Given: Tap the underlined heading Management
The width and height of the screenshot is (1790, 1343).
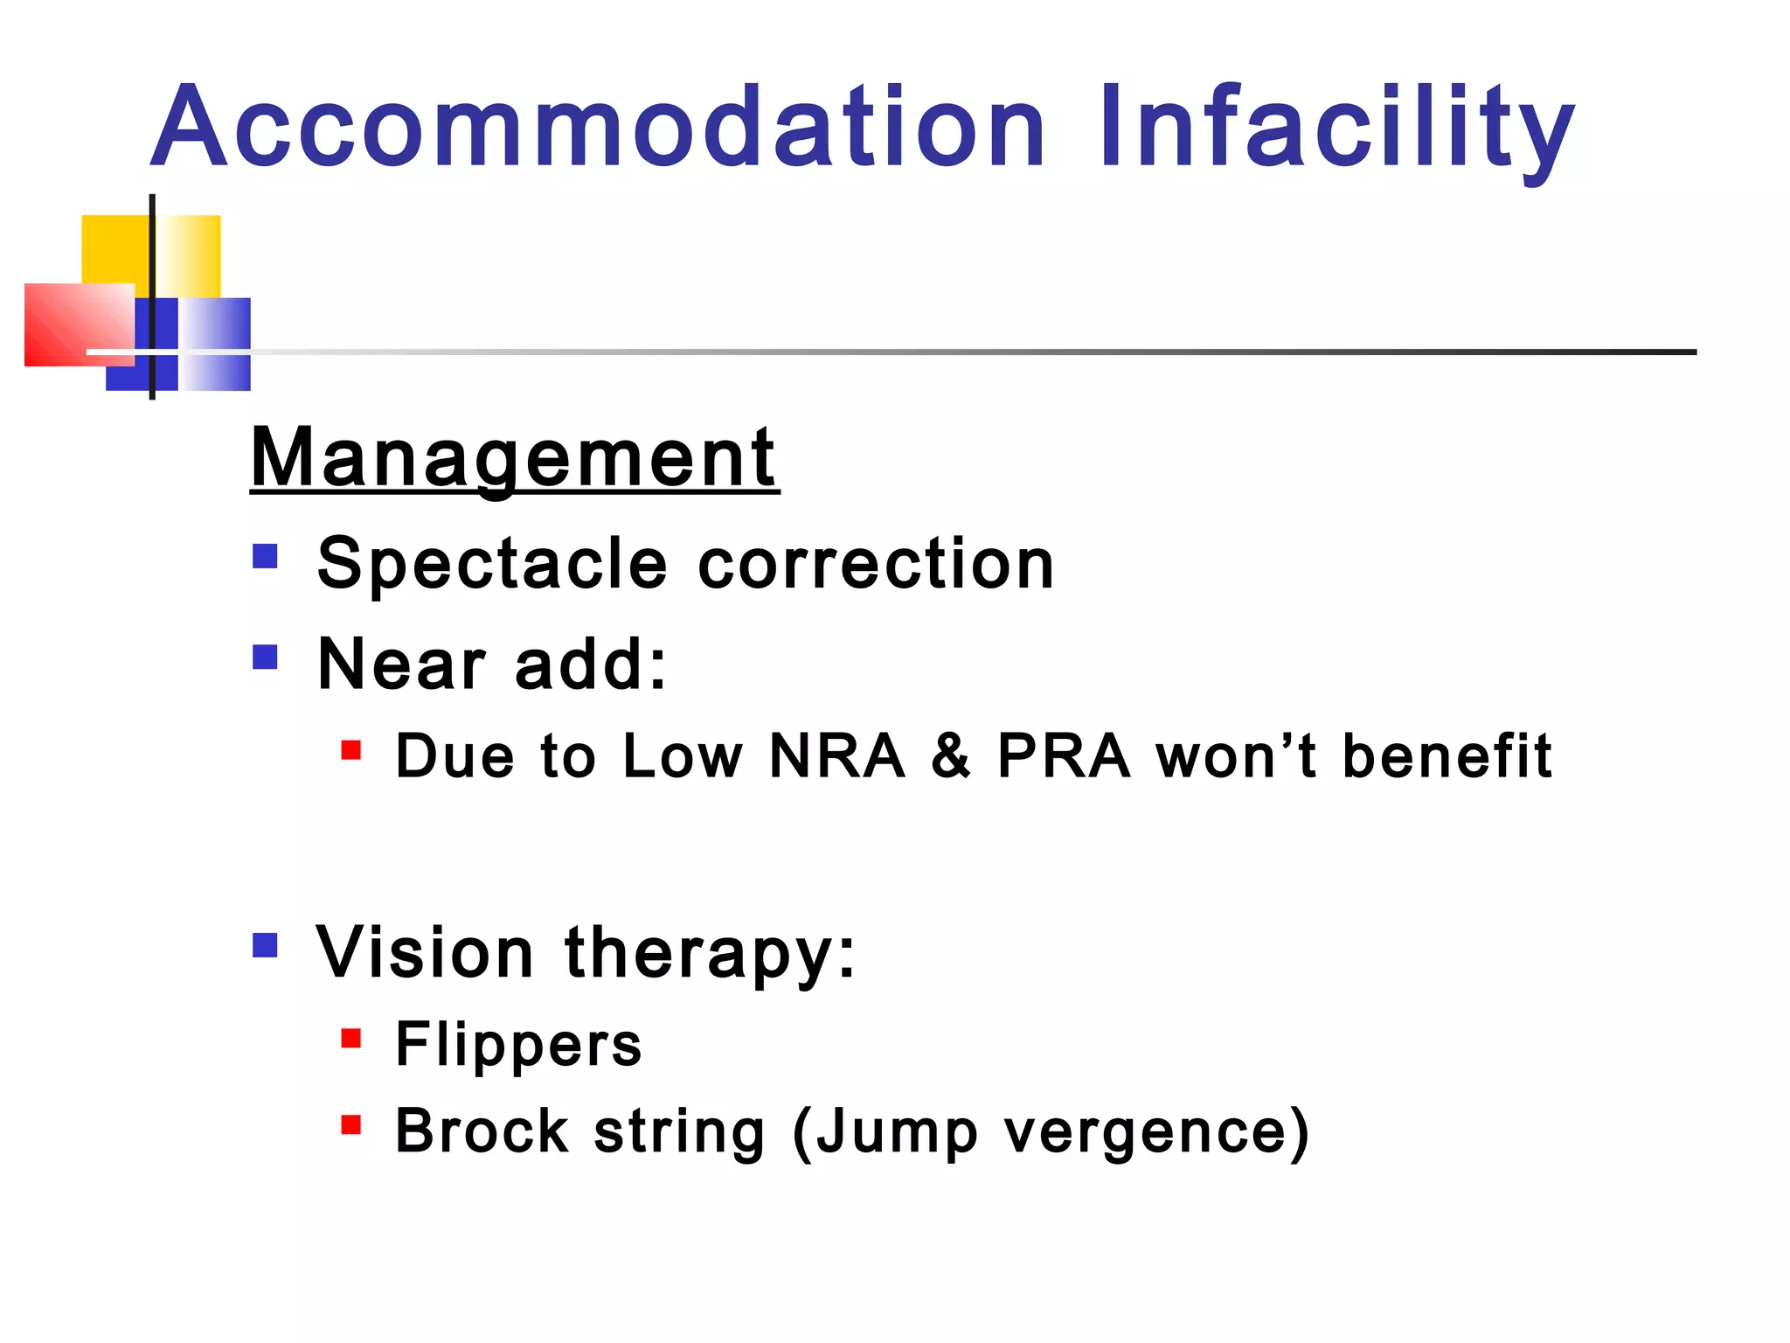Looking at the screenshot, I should (514, 458).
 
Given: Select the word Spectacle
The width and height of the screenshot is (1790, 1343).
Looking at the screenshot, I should (492, 564).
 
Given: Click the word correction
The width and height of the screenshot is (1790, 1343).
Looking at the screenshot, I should (876, 564).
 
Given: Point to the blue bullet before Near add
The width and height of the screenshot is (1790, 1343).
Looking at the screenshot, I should (265, 657).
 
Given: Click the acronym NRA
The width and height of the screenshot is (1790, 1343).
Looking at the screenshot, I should (836, 755).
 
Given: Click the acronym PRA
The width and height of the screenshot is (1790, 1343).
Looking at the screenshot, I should (1064, 755).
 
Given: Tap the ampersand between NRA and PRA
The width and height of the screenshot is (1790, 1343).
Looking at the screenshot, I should (951, 755).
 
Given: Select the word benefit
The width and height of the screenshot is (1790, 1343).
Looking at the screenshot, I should (1447, 755).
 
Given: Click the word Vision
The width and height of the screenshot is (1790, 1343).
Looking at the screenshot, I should (425, 952).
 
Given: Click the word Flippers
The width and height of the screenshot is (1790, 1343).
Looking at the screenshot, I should (518, 1045).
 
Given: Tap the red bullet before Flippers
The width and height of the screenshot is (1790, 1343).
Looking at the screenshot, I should (351, 1038).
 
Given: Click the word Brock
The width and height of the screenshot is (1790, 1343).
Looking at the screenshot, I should (482, 1131).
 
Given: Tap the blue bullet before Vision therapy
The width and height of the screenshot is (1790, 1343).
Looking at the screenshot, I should (265, 945).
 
